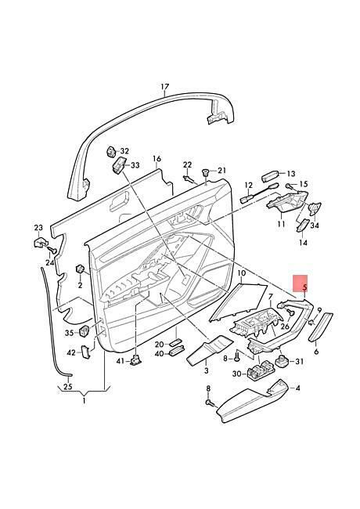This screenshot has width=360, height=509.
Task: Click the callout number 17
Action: tap(165, 87)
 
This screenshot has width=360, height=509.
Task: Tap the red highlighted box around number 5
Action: tap(300, 283)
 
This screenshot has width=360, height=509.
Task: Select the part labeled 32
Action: tap(111, 151)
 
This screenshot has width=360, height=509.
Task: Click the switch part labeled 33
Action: tap(119, 164)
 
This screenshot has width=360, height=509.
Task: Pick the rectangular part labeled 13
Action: tap(270, 175)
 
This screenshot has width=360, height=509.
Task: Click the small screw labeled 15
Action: tap(288, 186)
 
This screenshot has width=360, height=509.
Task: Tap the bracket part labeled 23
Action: tap(40, 242)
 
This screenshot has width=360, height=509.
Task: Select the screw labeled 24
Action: tap(52, 250)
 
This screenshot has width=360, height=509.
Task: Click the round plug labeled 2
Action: tap(80, 269)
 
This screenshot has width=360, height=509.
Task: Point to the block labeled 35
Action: tap(85, 330)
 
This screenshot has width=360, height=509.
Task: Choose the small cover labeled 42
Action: tap(86, 352)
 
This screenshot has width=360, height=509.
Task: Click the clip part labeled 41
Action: tap(135, 360)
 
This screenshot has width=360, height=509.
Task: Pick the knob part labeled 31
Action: tap(283, 360)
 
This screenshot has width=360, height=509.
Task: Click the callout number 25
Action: tap(68, 387)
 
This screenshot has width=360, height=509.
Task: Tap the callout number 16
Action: tap(157, 159)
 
